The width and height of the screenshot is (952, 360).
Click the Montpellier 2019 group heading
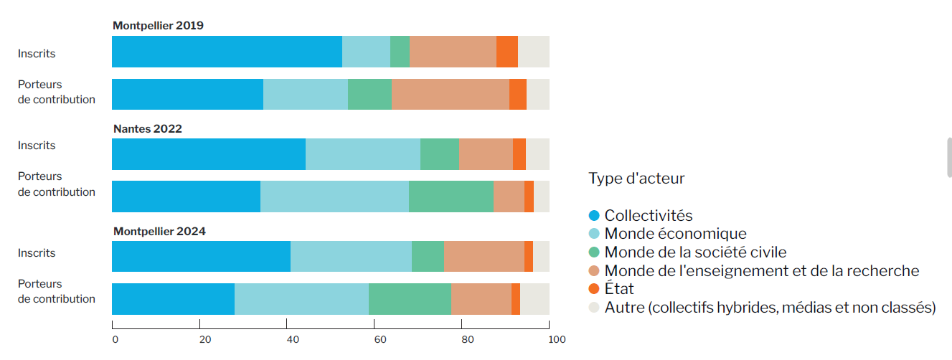pyautogui.click(x=158, y=26)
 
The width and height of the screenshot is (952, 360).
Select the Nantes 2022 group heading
pyautogui.click(x=148, y=129)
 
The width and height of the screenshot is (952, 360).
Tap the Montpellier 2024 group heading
pyautogui.click(x=159, y=231)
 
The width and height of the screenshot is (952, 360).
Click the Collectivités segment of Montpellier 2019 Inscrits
pyautogui.click(x=227, y=52)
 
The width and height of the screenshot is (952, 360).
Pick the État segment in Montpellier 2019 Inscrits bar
pyautogui.click(x=507, y=52)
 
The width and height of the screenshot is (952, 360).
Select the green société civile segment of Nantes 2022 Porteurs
pyautogui.click(x=451, y=196)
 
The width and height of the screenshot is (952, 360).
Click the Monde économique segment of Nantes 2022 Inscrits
pyautogui.click(x=363, y=154)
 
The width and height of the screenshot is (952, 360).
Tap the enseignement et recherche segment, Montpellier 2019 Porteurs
pyautogui.click(x=451, y=95)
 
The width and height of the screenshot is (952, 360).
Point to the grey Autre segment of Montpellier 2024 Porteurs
pyautogui.click(x=534, y=299)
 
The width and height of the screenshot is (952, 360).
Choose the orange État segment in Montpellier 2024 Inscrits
pyautogui.click(x=529, y=256)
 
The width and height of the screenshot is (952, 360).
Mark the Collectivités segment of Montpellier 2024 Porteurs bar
pyautogui.click(x=174, y=299)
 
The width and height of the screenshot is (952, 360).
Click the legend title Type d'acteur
pyautogui.click(x=636, y=178)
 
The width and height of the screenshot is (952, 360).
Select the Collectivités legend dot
pyautogui.click(x=594, y=215)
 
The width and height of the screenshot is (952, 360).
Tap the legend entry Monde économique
pyautogui.click(x=675, y=234)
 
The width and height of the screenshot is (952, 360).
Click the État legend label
pyautogui.click(x=619, y=288)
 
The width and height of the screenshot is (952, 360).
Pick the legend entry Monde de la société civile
pyautogui.click(x=695, y=252)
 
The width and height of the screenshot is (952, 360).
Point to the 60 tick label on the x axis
pyautogui.click(x=380, y=340)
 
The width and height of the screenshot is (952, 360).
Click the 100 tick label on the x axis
pyautogui.click(x=557, y=340)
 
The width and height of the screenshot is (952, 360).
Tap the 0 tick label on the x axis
pyautogui.click(x=116, y=340)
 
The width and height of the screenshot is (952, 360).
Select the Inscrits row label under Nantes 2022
pyautogui.click(x=37, y=146)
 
